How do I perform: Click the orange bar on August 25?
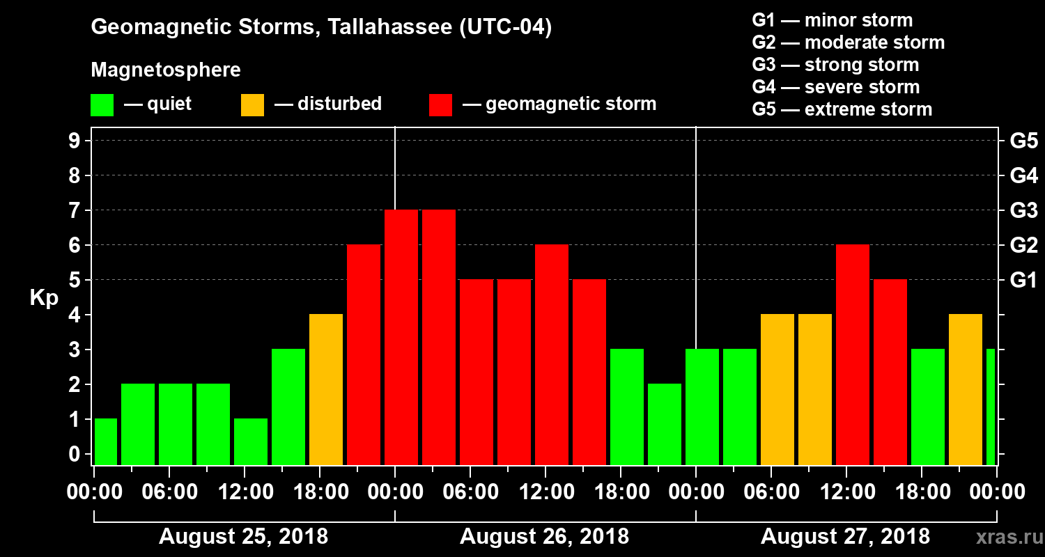tap(326, 389)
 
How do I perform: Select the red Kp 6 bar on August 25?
tap(364, 354)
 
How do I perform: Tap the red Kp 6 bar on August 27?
tap(853, 354)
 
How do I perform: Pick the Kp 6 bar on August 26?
tap(552, 354)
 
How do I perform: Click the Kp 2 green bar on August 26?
tap(665, 424)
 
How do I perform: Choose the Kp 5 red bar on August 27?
tap(890, 372)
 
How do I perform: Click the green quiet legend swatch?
tap(102, 105)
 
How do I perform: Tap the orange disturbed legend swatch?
tap(252, 105)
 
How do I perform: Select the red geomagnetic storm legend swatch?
tap(440, 105)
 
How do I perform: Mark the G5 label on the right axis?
tap(1023, 141)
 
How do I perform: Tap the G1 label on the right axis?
tap(1023, 280)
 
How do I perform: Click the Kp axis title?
tap(44, 298)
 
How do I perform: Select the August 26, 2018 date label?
tap(544, 537)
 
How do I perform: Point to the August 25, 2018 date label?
tap(243, 537)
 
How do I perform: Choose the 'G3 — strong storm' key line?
tap(835, 65)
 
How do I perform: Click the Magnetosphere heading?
tap(166, 70)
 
